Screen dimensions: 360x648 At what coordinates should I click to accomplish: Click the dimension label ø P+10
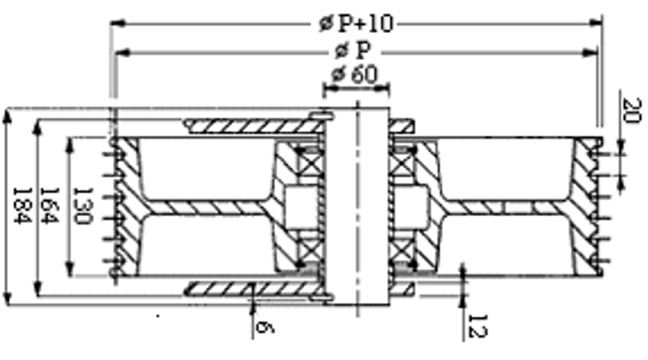[357, 24]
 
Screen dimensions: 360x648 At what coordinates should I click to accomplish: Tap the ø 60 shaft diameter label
[354, 74]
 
